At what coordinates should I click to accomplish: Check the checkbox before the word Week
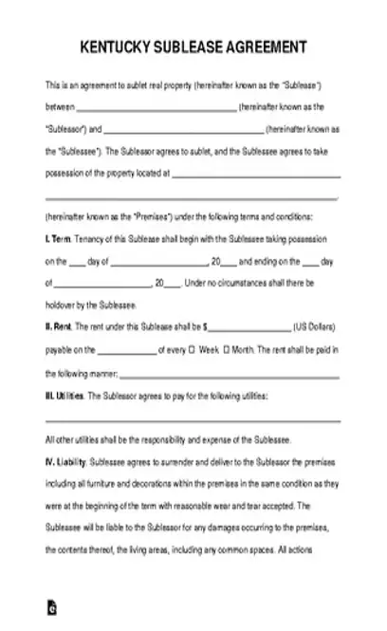(x=193, y=350)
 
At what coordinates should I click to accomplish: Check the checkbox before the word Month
(x=228, y=350)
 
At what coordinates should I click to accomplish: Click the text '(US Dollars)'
(x=318, y=326)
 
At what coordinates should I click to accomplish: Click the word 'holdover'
(x=60, y=305)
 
